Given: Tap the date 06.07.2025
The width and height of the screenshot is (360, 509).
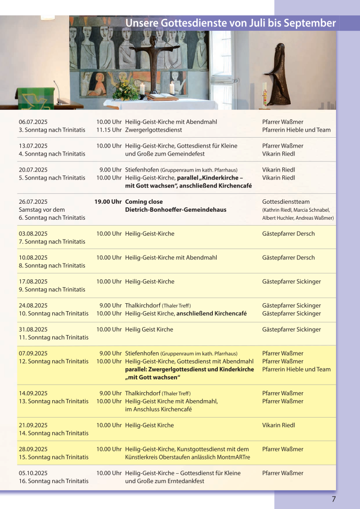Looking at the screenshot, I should click(x=33, y=122).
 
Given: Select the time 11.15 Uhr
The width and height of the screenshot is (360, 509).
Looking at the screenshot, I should click(x=109, y=130).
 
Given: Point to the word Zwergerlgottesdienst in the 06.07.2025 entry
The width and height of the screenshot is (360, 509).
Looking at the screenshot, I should click(x=154, y=130).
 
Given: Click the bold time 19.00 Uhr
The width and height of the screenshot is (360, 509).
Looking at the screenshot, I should click(x=108, y=202).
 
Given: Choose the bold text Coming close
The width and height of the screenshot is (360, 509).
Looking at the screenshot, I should click(x=144, y=202).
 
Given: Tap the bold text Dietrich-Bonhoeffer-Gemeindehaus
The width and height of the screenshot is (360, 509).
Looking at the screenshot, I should click(x=176, y=210).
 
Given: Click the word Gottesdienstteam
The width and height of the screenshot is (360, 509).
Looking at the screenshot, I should click(x=286, y=202).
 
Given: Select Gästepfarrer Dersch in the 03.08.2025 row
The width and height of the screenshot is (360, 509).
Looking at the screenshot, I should click(x=288, y=234).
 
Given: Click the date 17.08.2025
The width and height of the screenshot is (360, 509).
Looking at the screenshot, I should click(x=33, y=281).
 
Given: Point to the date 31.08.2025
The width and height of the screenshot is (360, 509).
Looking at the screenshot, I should click(x=33, y=329).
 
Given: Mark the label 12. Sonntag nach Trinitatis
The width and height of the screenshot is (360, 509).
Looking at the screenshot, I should click(x=54, y=361).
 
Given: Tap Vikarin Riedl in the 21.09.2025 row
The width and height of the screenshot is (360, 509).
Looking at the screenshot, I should click(x=278, y=425).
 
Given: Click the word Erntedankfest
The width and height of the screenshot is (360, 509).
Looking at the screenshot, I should click(x=186, y=481).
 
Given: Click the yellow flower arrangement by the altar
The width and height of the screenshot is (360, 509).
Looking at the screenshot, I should click(x=125, y=91).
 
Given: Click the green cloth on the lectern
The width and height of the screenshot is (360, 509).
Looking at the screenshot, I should click(x=35, y=98).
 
